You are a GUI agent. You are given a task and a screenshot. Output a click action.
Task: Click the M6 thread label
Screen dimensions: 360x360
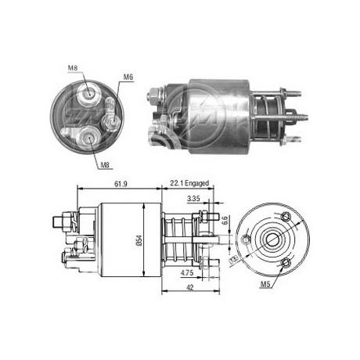128,77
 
